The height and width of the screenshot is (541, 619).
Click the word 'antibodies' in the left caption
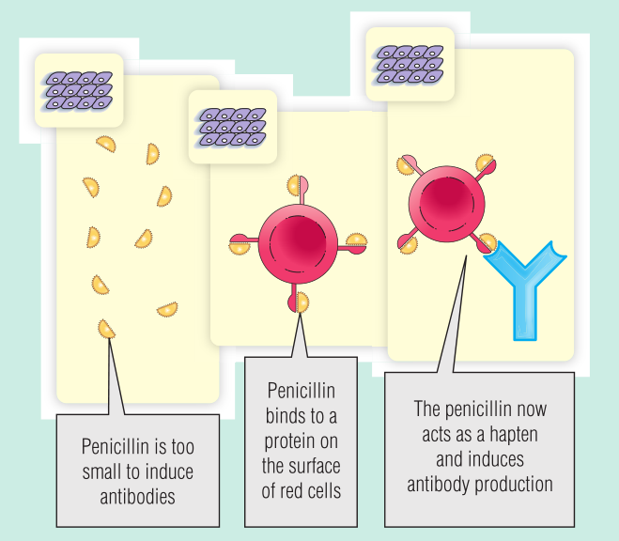click(137, 497)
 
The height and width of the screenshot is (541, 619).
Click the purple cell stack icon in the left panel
click(78, 90)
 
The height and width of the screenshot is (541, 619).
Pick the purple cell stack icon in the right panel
click(409, 63)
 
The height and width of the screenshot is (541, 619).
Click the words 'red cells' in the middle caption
click(302, 490)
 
